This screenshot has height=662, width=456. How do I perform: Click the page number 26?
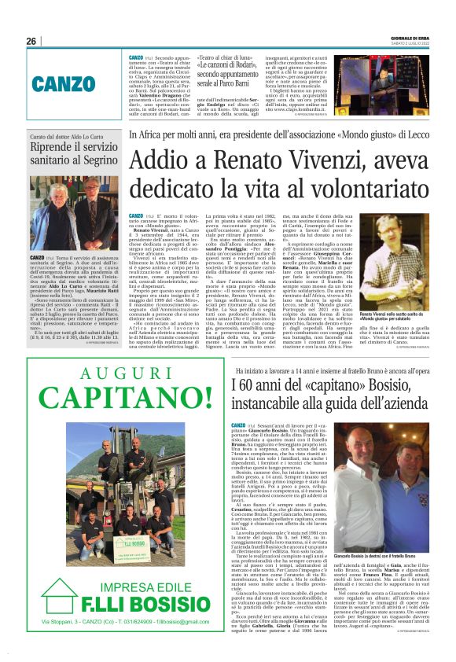point(31,41)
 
